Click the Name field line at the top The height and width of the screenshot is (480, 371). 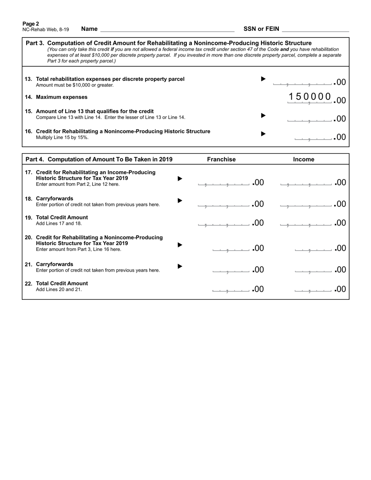[x=167, y=29]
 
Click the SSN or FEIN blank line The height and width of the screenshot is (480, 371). [x=315, y=29]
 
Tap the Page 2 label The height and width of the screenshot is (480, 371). [x=31, y=23]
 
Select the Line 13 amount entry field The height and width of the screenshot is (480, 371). [x=303, y=82]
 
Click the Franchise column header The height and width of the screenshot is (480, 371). [x=221, y=159]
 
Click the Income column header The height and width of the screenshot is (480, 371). [x=303, y=159]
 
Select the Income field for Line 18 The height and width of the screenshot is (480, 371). [x=307, y=204]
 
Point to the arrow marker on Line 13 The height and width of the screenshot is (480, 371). [x=263, y=79]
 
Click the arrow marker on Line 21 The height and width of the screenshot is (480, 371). [x=180, y=266]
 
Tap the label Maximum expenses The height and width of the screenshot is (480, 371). [x=62, y=97]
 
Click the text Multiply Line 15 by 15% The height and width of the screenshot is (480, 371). [x=62, y=137]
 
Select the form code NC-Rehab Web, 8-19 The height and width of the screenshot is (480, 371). [x=46, y=29]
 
